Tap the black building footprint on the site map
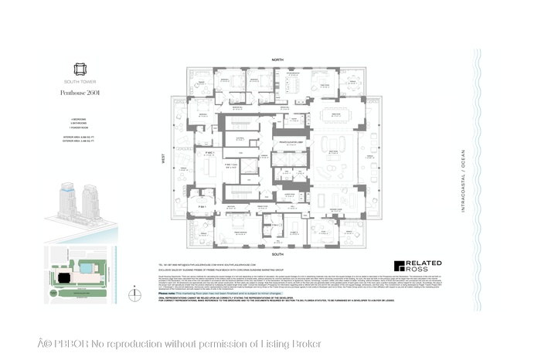tap(61, 275)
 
